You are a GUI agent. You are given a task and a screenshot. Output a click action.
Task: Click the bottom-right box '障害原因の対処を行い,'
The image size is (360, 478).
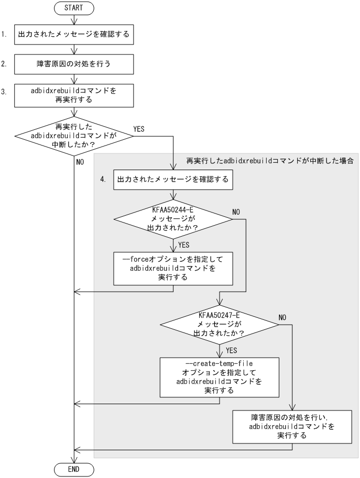point(292,426)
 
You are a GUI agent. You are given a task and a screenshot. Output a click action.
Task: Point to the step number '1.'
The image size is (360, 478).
point(4,35)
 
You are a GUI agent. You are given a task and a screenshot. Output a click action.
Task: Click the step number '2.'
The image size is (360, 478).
point(4,65)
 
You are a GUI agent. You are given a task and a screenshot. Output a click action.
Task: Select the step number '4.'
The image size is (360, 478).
point(103,180)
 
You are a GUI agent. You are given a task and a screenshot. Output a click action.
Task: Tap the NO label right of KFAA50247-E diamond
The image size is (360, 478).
point(282,317)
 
